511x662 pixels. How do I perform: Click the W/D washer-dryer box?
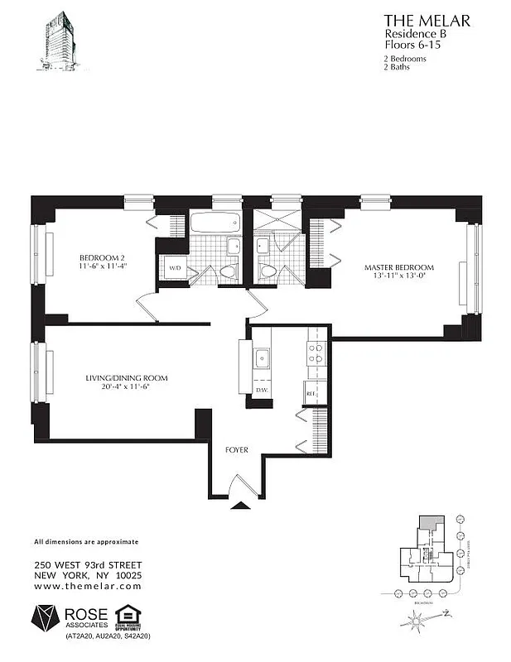[175, 269]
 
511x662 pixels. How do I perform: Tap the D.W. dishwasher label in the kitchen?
[260, 390]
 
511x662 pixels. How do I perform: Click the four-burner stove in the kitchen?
[316, 354]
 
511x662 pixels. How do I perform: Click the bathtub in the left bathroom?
[214, 223]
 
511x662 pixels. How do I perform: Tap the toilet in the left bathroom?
[227, 271]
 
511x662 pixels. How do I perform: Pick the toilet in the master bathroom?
[268, 271]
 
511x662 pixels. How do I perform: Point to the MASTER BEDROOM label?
[399, 267]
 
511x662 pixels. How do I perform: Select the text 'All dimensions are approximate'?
[85, 542]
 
